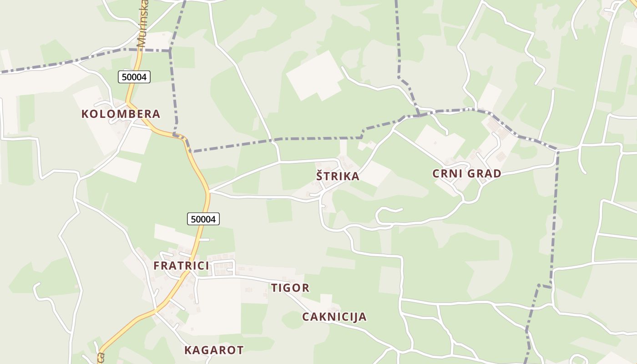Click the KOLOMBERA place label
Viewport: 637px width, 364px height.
coord(121,114)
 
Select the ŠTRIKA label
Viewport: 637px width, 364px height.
coord(338,177)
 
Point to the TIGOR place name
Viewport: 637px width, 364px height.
coord(290,288)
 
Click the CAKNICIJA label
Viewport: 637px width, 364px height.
coord(334,317)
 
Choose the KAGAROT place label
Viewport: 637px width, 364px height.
coord(214,350)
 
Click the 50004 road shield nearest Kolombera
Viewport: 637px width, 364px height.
coord(134,77)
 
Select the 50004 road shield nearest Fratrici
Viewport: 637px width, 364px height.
coord(203,219)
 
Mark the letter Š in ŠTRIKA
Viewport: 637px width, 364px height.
coord(320,176)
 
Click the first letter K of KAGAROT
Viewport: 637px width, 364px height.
coord(188,350)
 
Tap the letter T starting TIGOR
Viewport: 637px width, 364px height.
coord(274,288)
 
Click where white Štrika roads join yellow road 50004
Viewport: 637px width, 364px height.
coord(210,191)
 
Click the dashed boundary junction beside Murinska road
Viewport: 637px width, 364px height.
coord(170,50)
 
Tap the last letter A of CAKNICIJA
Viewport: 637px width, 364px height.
coord(363,317)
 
